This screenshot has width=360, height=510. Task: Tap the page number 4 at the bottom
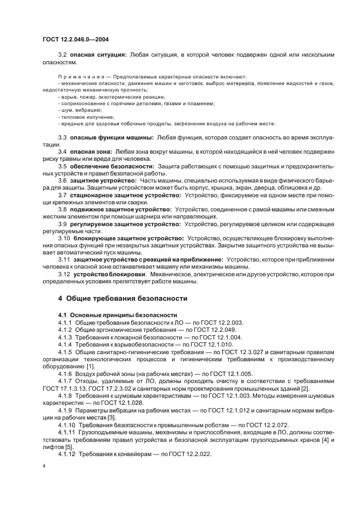[44, 466]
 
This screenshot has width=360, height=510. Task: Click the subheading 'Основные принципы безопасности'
[117, 315]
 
